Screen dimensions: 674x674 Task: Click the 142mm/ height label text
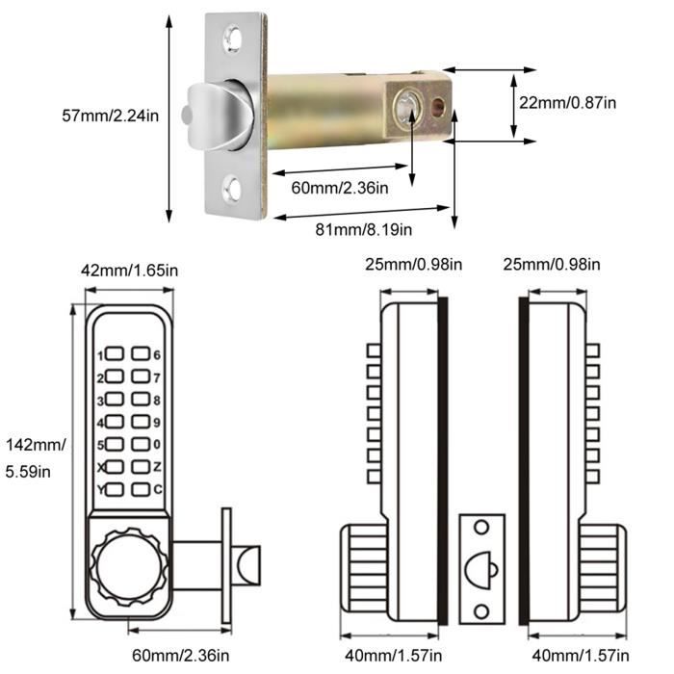coord(36,445)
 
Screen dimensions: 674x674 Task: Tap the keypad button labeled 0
coord(142,446)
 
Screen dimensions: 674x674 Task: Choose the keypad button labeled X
coord(115,468)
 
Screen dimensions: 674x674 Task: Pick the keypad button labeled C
coord(142,491)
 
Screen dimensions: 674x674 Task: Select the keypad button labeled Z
coord(142,468)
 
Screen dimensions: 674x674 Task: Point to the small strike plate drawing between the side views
coord(481,568)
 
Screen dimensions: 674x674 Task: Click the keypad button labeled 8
coord(142,400)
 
